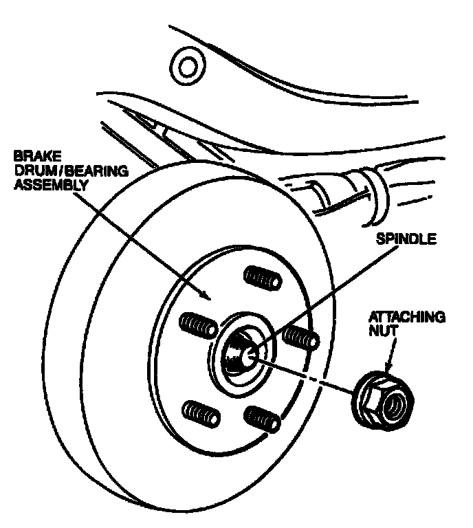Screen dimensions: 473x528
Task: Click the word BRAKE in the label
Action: (x=37, y=156)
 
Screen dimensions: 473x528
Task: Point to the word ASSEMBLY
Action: (x=51, y=185)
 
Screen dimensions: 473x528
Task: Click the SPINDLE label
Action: (x=406, y=239)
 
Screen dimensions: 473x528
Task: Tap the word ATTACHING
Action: (x=407, y=317)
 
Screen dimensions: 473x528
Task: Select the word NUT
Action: (x=383, y=331)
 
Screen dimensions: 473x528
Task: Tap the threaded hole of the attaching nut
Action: (x=396, y=405)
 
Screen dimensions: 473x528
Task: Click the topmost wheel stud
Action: (x=263, y=277)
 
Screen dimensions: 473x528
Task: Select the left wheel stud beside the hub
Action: (x=198, y=325)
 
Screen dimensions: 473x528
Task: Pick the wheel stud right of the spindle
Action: (x=301, y=338)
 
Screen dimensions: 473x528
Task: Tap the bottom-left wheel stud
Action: (x=201, y=414)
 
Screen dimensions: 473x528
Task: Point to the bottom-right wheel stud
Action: (x=262, y=419)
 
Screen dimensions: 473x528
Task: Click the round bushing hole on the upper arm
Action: (x=188, y=66)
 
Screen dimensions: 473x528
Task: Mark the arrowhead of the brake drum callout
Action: (x=205, y=295)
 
